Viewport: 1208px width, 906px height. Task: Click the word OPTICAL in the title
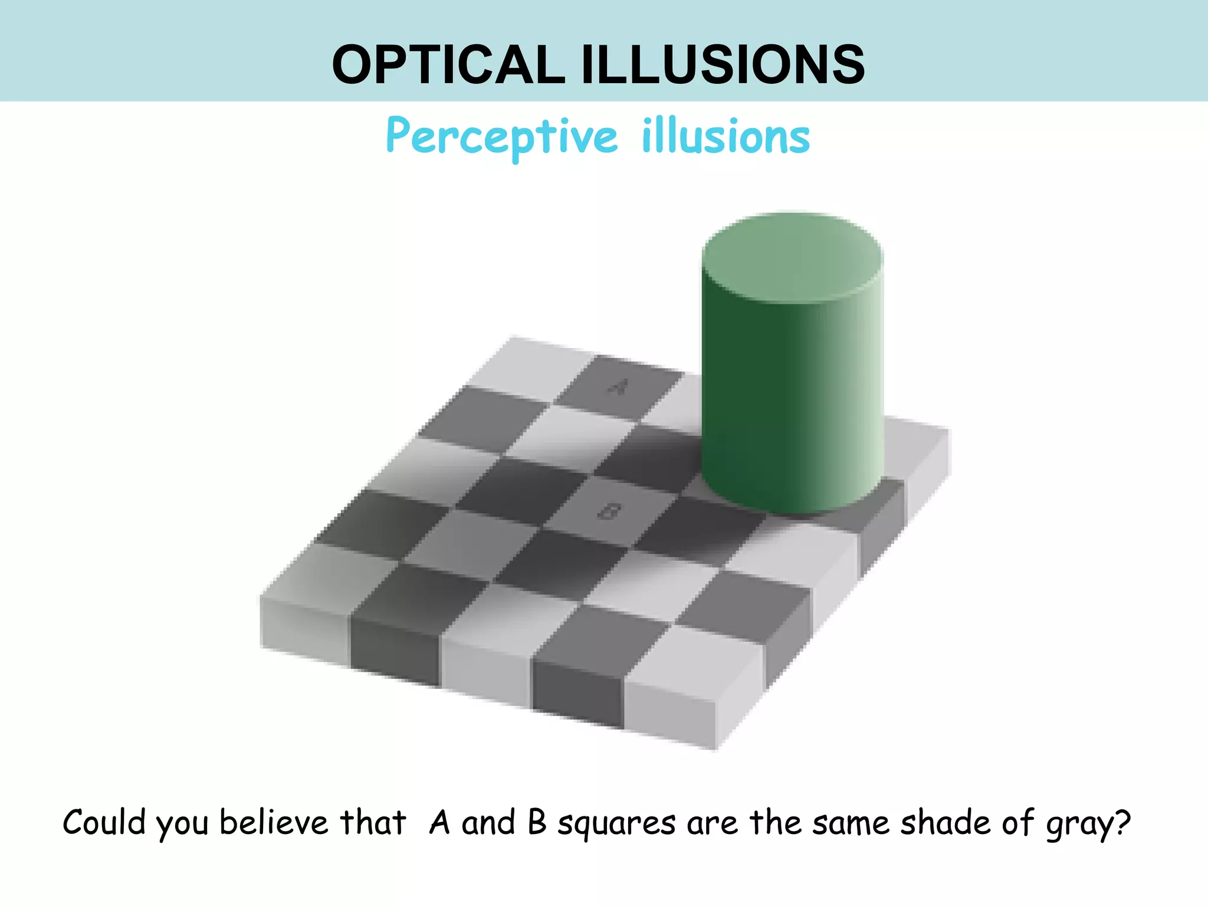point(448,64)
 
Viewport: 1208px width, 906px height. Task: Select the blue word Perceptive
point(501,137)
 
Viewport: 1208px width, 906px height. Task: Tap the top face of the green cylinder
point(792,258)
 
